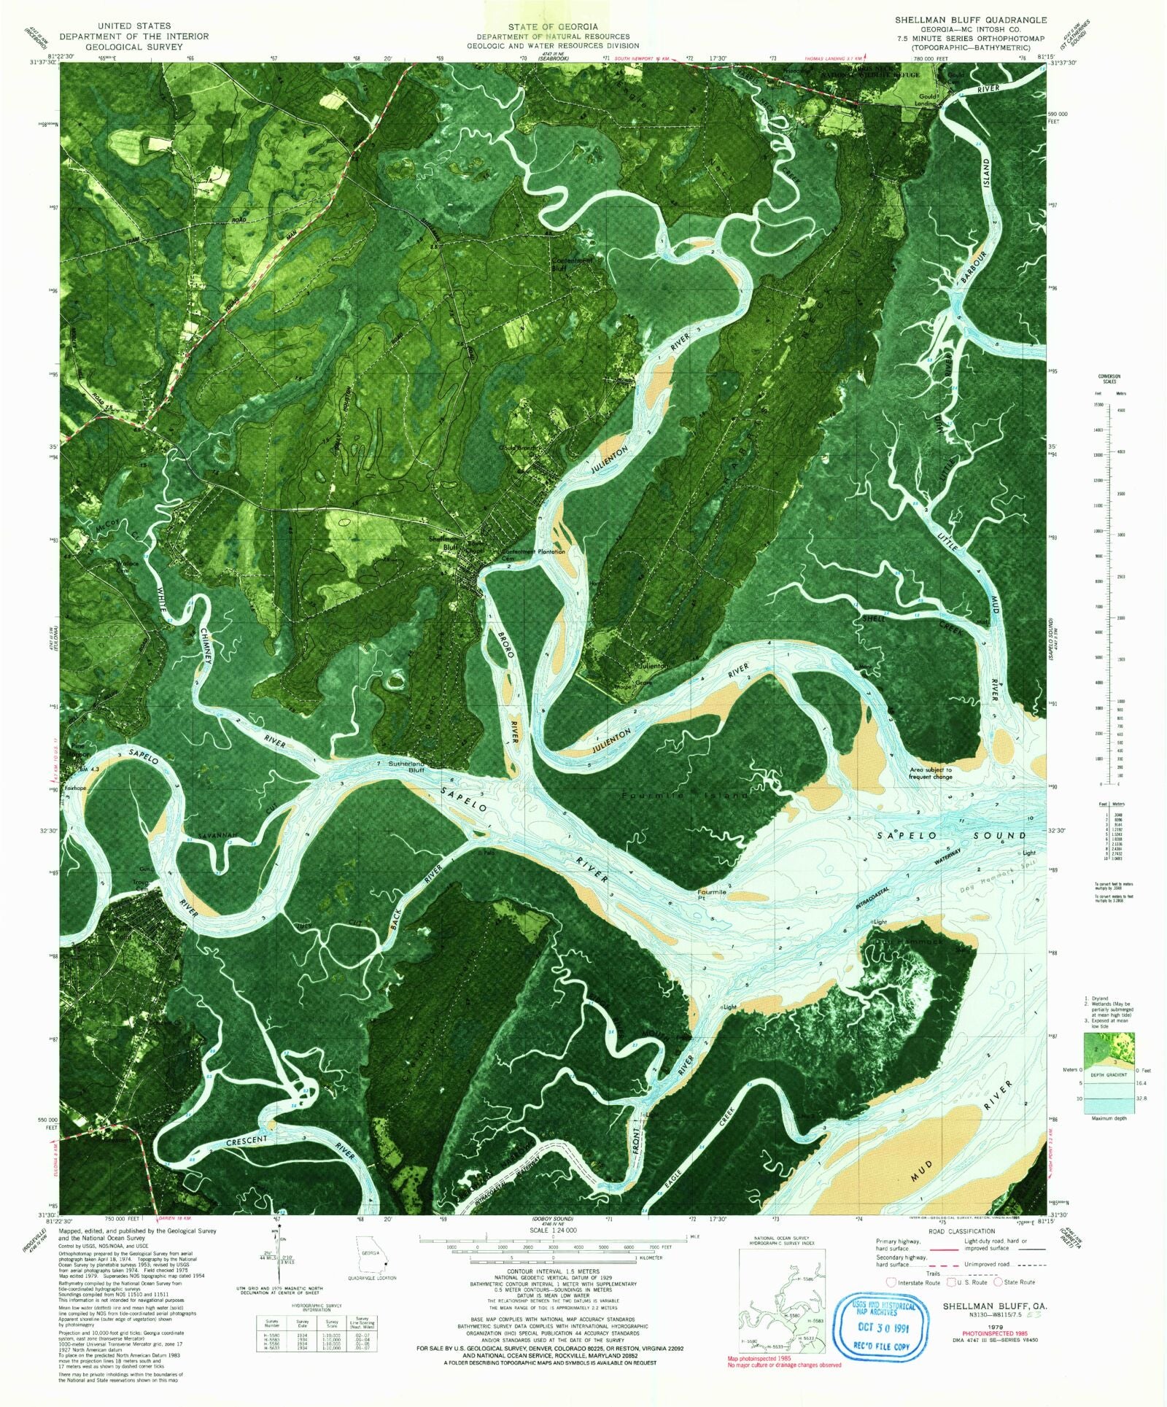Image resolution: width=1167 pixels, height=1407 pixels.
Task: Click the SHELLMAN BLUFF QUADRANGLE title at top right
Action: pyautogui.click(x=971, y=20)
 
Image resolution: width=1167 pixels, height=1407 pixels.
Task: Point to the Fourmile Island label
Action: pyautogui.click(x=685, y=795)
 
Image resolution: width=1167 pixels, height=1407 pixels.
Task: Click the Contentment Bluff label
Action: pyautogui.click(x=572, y=264)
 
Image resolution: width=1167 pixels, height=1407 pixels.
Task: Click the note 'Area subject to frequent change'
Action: pyautogui.click(x=930, y=773)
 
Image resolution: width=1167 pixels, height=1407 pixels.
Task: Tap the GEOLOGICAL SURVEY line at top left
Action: pyautogui.click(x=134, y=46)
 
